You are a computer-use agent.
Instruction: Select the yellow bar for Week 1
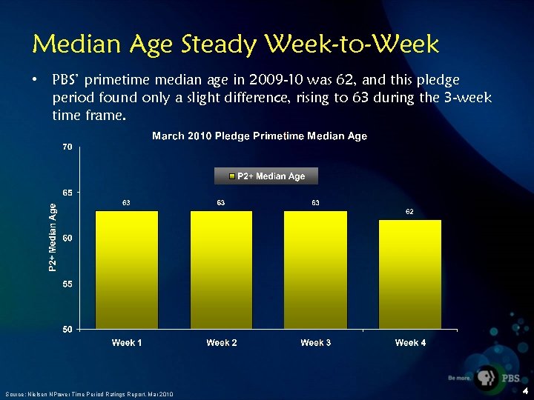[127, 270]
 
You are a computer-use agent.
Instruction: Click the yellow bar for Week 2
[221, 270]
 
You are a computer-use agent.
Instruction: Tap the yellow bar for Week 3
[315, 270]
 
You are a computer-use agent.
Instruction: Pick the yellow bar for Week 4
[409, 274]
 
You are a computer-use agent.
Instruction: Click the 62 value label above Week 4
[409, 212]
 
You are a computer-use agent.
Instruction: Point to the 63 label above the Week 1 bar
[127, 202]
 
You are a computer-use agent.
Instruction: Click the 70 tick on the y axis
[67, 147]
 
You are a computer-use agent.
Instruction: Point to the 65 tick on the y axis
[67, 193]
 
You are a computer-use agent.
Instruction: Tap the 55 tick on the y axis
[67, 284]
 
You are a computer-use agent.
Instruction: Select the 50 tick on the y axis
[67, 329]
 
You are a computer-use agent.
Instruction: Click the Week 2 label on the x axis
[222, 342]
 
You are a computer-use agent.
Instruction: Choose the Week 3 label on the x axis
[316, 342]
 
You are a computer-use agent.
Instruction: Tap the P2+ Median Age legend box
[266, 176]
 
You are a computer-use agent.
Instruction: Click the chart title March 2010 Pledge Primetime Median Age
[260, 136]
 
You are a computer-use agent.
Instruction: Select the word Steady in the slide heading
[221, 44]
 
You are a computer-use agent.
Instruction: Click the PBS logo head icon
[487, 377]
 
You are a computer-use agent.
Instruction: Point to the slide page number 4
[525, 392]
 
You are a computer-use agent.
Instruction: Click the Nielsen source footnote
[89, 394]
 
